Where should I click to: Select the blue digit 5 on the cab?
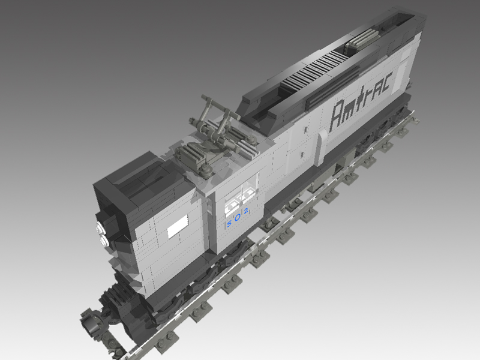229,224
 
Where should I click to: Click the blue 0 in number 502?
238,217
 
